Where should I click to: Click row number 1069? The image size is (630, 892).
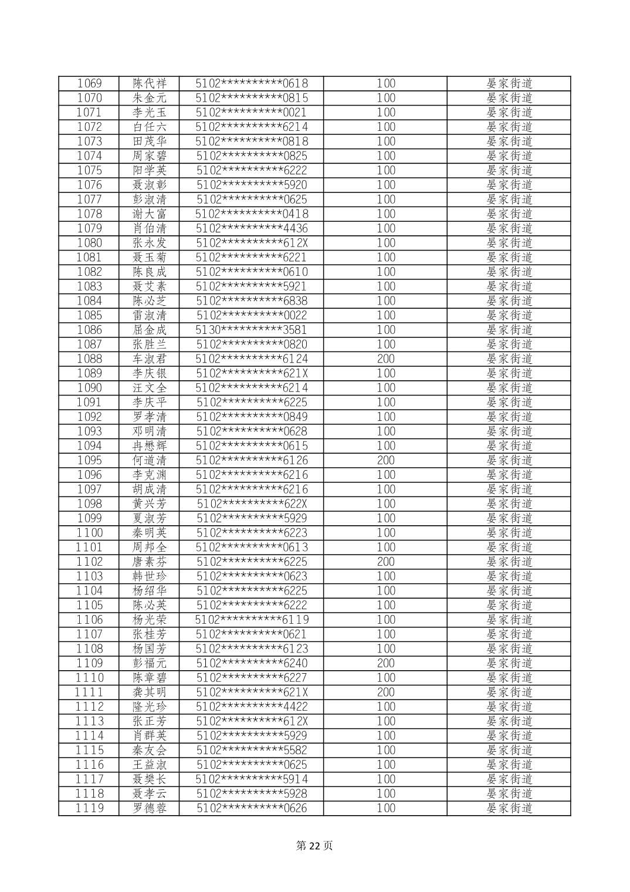(x=89, y=83)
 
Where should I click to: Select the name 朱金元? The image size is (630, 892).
(x=150, y=98)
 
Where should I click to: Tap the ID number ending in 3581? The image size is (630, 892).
(x=251, y=330)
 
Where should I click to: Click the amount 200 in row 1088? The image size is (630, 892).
(x=385, y=359)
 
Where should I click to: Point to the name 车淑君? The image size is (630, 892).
(x=150, y=359)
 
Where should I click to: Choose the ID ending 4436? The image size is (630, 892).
(x=251, y=228)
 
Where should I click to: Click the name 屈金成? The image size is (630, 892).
(x=150, y=330)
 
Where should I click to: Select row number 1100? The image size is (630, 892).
(x=89, y=533)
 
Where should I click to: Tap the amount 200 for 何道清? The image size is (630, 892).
(x=385, y=460)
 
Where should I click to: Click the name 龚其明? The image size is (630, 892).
(x=150, y=692)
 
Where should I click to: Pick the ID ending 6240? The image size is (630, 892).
(x=251, y=663)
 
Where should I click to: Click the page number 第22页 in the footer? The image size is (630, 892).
(x=314, y=846)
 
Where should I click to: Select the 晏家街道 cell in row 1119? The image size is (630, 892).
(x=509, y=808)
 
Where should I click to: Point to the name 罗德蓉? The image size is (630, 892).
(x=150, y=808)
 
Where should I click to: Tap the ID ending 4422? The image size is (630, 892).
(x=251, y=707)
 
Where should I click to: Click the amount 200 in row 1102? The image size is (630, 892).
(x=385, y=562)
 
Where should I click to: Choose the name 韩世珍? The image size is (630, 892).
(x=150, y=576)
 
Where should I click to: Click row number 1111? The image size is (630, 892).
(x=89, y=692)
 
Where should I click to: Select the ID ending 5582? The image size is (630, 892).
(x=251, y=750)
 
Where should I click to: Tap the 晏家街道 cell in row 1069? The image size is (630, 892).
(x=509, y=83)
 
